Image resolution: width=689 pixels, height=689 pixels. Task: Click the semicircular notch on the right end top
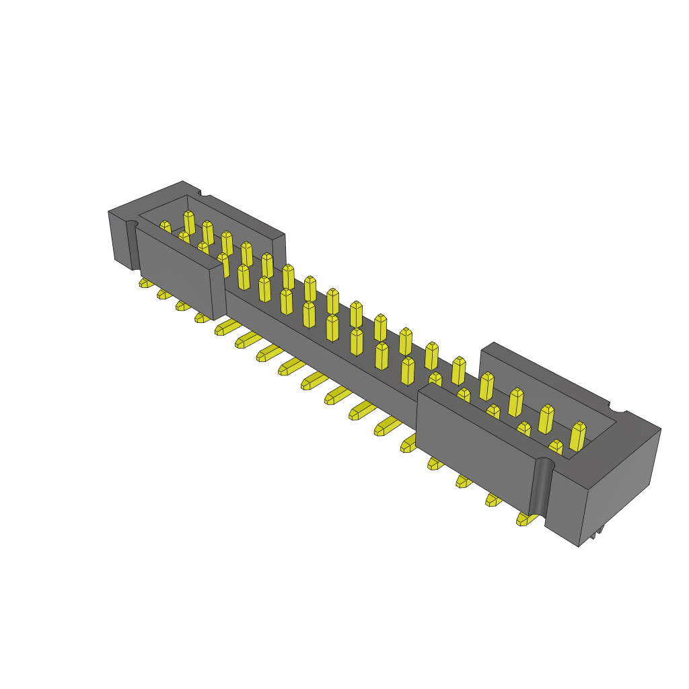[618, 407]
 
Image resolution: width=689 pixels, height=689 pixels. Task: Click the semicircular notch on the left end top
[204, 193]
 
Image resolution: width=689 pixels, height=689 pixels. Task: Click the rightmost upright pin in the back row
[578, 436]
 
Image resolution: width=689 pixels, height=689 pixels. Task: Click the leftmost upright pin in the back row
[189, 222]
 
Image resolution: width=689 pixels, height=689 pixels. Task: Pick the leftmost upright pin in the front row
[165, 227]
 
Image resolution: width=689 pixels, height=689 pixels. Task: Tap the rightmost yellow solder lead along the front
[526, 518]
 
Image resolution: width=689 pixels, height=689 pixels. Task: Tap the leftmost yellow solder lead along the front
[145, 283]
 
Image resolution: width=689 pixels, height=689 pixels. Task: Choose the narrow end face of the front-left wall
[218, 293]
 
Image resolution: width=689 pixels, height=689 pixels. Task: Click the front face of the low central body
[316, 343]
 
